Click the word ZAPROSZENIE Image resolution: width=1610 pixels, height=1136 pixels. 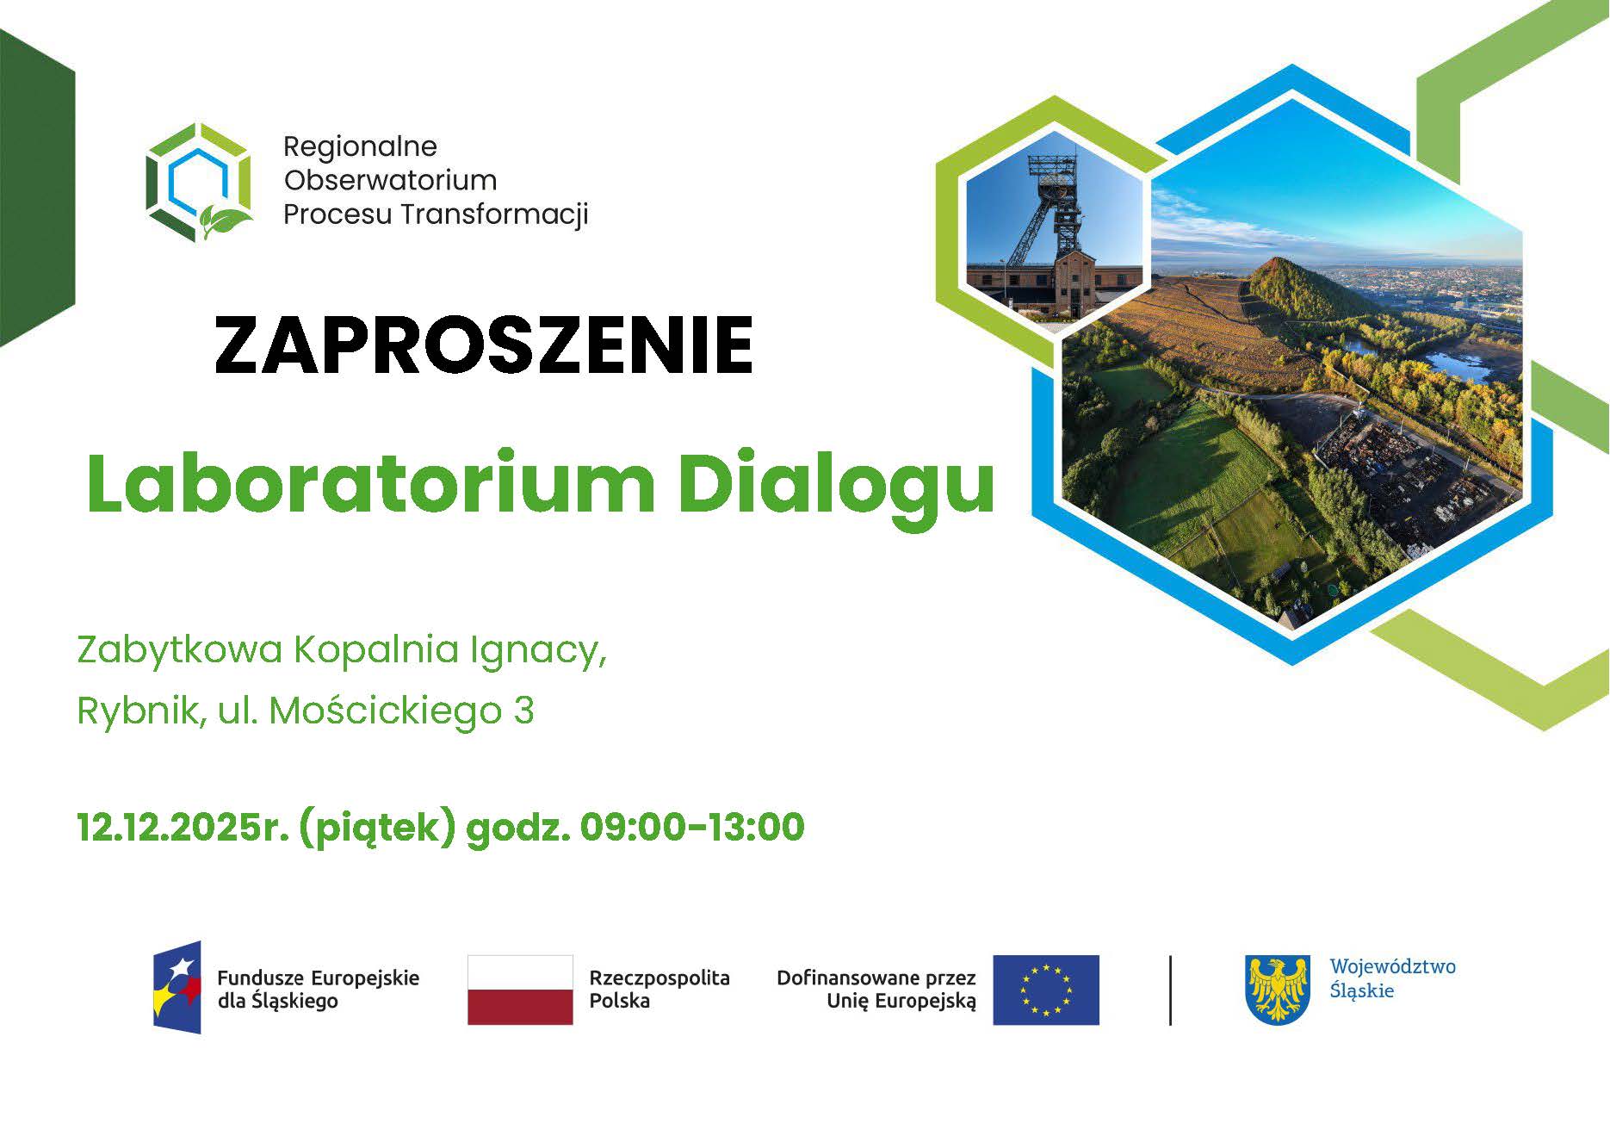pyautogui.click(x=484, y=345)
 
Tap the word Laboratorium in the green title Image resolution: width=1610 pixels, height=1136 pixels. pyautogui.click(x=370, y=484)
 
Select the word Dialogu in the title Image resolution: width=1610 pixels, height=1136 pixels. pyautogui.click(x=836, y=484)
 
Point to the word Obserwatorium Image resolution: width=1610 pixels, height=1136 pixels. pyautogui.click(x=390, y=180)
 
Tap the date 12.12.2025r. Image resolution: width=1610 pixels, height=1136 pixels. pyautogui.click(x=182, y=828)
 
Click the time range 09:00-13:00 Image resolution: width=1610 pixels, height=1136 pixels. pyautogui.click(x=692, y=828)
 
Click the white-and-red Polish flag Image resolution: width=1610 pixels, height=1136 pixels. pyautogui.click(x=520, y=990)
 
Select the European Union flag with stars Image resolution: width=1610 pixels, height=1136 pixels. pyautogui.click(x=1045, y=990)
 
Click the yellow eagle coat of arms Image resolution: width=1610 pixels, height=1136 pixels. pyautogui.click(x=1278, y=989)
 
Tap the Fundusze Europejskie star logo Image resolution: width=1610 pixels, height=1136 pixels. pyautogui.click(x=177, y=987)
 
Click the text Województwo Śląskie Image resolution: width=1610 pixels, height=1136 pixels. pyautogui.click(x=1392, y=978)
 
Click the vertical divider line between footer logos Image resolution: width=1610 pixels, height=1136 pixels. pyautogui.click(x=1170, y=990)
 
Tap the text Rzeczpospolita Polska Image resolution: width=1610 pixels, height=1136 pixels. pyautogui.click(x=659, y=989)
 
